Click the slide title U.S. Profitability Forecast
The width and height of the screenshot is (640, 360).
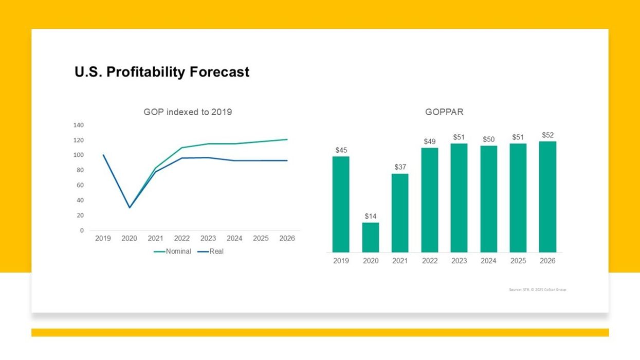click(162, 72)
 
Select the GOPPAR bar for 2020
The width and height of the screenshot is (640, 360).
click(370, 237)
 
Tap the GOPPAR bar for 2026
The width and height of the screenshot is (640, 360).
click(547, 197)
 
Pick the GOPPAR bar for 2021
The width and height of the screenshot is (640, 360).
click(400, 213)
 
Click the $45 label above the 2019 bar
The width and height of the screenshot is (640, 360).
click(341, 150)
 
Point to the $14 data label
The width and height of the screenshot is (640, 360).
click(370, 217)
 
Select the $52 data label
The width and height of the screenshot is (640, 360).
click(547, 135)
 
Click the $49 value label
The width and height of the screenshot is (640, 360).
click(429, 141)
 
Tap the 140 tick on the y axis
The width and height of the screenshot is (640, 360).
click(78, 125)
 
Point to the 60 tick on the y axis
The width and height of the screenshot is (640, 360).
click(80, 185)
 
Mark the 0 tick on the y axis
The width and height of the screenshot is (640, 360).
click(82, 230)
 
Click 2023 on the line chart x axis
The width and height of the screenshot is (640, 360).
click(208, 239)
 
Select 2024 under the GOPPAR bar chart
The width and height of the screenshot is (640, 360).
click(488, 261)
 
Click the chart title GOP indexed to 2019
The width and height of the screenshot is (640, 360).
click(188, 112)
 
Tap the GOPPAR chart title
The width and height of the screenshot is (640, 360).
click(444, 112)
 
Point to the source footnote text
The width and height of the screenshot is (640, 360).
click(538, 290)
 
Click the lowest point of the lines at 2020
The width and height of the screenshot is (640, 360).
click(130, 208)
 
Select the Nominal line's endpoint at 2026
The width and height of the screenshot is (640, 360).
click(287, 139)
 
